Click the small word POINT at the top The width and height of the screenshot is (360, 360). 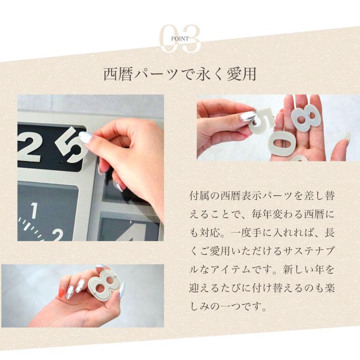point(180,39)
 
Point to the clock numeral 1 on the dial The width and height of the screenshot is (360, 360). point(34,210)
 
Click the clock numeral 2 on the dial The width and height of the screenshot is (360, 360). point(57,235)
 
